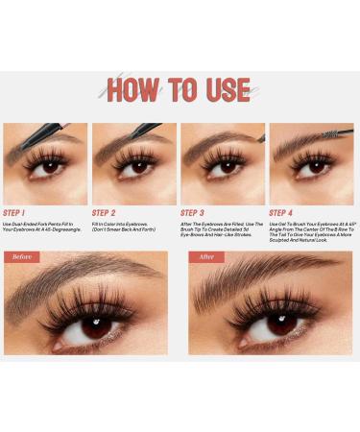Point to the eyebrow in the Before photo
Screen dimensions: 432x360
pyautogui.click(x=82, y=276)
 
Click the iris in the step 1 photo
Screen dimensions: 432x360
pyautogui.click(x=47, y=167)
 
